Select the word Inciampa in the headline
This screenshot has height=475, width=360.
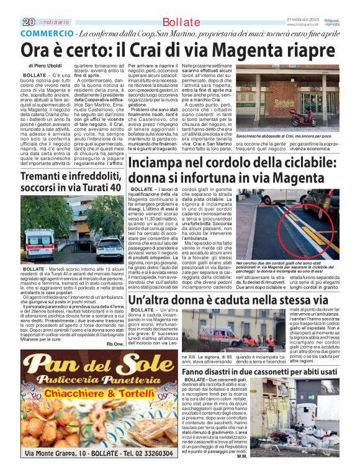pos(161,163)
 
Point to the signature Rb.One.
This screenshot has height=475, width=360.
pos(114,344)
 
